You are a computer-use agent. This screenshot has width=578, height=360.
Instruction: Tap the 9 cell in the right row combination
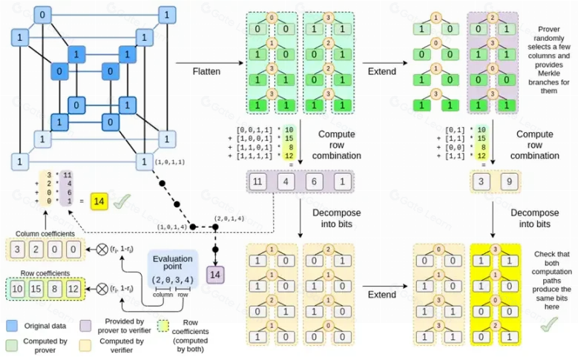coord(505,180)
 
